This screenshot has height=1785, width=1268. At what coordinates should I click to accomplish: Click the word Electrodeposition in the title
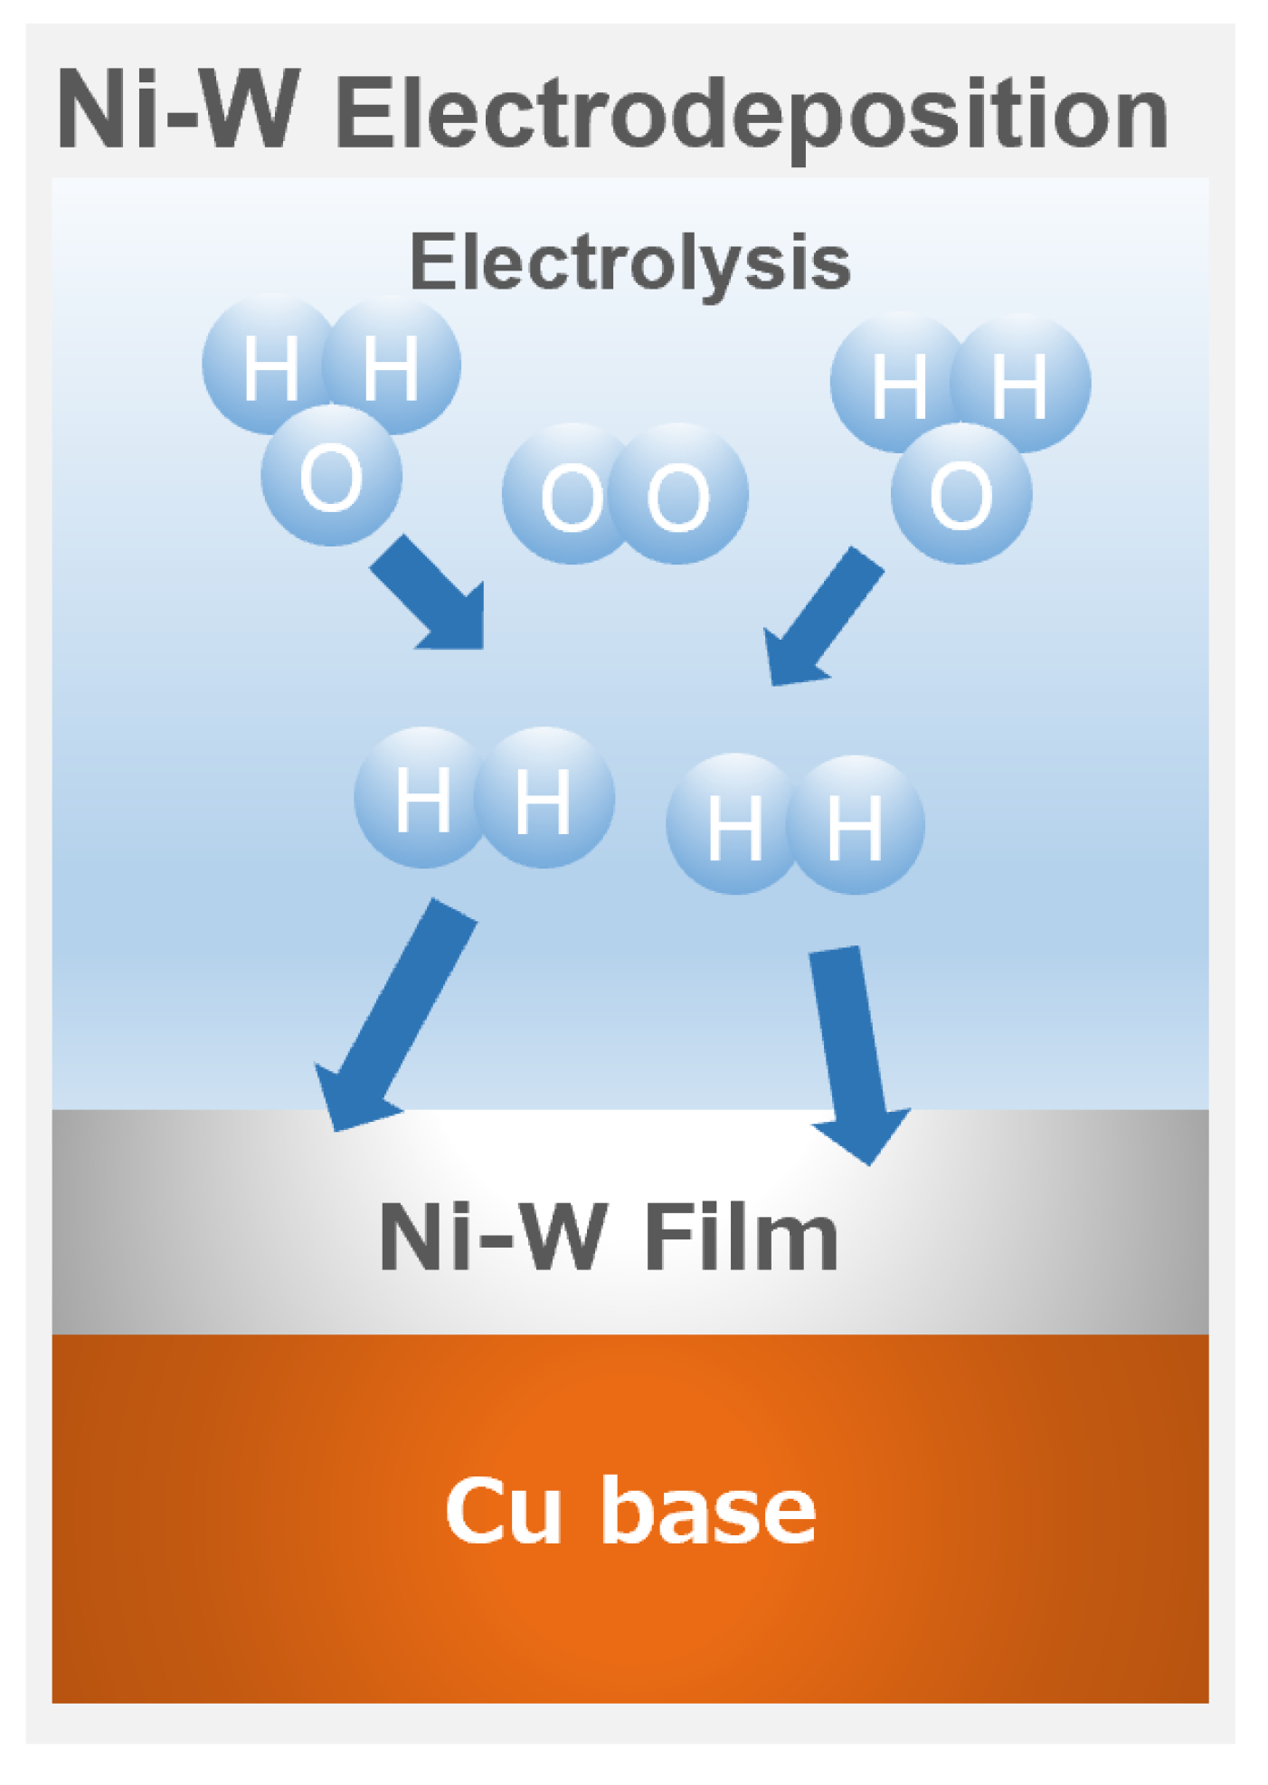751,116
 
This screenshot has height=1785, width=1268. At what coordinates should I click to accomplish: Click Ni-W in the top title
177,110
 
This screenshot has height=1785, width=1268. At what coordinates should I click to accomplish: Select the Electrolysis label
629,261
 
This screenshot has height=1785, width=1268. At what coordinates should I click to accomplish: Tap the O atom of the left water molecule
331,477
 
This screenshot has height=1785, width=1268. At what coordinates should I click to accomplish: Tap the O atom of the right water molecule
960,494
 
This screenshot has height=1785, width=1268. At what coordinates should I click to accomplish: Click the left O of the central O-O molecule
572,495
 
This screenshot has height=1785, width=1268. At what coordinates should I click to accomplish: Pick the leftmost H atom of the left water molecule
270,366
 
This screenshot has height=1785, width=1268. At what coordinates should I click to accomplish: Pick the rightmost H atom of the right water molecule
1020,384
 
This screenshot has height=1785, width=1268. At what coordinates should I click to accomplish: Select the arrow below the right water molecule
819,620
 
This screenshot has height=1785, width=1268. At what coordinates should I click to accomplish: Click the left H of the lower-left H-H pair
422,798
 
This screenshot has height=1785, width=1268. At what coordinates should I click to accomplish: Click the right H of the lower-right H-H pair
855,825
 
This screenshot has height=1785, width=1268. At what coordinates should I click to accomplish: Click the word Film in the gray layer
740,1238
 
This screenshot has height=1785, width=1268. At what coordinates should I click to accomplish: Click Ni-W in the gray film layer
493,1238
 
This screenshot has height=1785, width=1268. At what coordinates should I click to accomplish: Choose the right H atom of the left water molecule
391,366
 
